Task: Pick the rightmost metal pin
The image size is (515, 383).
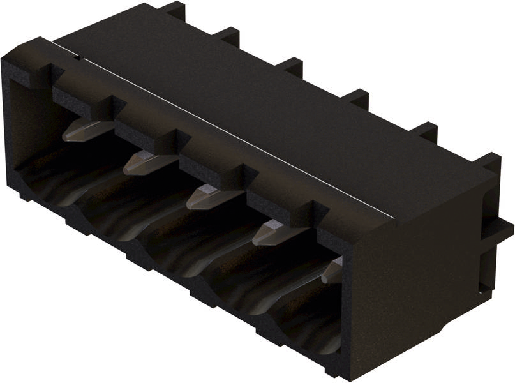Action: [x=332, y=271]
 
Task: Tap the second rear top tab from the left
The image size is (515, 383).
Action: [x=226, y=34]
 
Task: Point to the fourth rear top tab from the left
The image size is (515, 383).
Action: [x=355, y=96]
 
